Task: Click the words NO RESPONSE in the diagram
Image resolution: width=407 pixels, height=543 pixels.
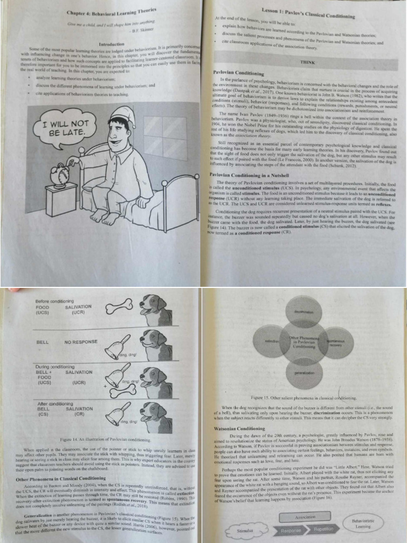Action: (x=82, y=342)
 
